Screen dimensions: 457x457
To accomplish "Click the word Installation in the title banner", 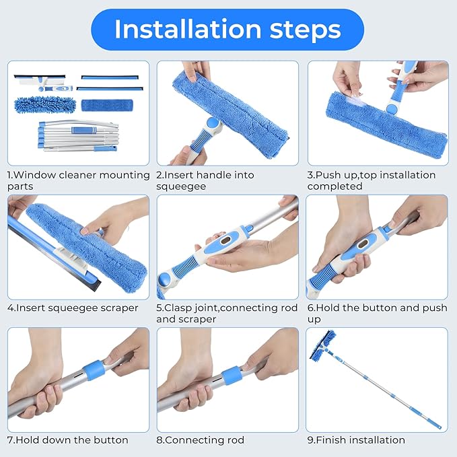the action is click(x=188, y=29).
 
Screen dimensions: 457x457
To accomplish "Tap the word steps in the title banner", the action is click(x=305, y=30).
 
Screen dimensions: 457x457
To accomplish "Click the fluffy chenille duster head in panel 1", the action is click(x=45, y=105).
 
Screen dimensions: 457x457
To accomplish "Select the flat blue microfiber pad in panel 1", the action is click(x=107, y=105).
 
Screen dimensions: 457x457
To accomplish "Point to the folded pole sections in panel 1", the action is click(x=78, y=135).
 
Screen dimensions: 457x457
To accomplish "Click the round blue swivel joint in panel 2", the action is click(x=213, y=123).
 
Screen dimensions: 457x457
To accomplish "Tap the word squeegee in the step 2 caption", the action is click(x=181, y=186).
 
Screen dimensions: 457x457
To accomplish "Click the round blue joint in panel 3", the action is click(x=392, y=109).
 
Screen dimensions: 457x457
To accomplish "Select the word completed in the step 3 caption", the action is click(x=335, y=186).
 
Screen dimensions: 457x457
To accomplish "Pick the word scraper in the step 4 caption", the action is click(x=119, y=308).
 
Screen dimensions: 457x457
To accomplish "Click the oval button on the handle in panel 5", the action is click(x=227, y=240).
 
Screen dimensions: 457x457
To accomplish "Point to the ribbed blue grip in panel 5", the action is click(x=185, y=265).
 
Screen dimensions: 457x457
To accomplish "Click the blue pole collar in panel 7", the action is click(x=94, y=370).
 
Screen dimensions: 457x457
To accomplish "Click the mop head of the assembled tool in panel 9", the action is click(x=322, y=346).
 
